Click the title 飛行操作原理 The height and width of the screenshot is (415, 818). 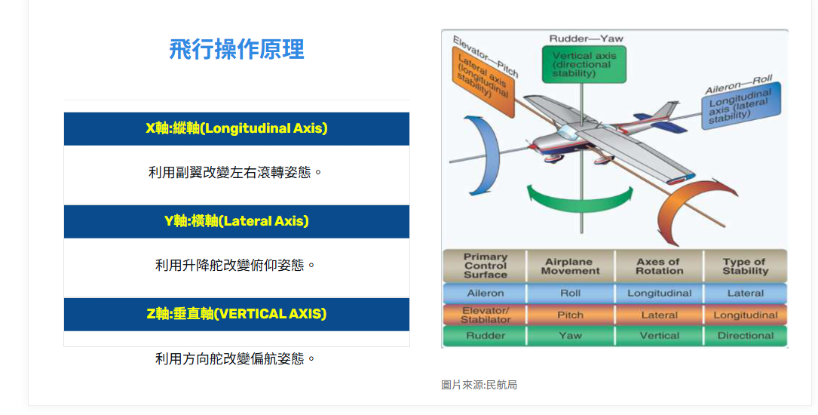tap(236, 50)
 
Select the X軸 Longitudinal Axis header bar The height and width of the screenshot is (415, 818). tap(236, 128)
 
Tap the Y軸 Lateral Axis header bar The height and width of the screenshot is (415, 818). tap(236, 221)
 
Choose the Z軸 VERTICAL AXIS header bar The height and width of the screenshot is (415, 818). tap(236, 314)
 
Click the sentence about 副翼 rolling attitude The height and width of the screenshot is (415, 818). tap(235, 172)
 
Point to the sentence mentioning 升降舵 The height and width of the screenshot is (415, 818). tap(235, 265)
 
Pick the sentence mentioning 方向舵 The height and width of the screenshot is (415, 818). tap(235, 358)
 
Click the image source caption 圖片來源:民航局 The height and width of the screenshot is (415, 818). tap(479, 386)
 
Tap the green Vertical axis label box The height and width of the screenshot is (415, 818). tap(584, 64)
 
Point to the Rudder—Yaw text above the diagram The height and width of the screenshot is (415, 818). tap(586, 38)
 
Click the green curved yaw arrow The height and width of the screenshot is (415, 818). tap(580, 204)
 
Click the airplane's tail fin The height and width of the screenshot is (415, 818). tap(666, 111)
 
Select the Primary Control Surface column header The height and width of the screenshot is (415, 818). tap(485, 266)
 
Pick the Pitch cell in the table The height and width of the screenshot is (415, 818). tap(570, 315)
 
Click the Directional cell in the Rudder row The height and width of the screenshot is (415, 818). tap(745, 336)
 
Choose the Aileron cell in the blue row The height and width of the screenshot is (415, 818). tap(485, 294)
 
